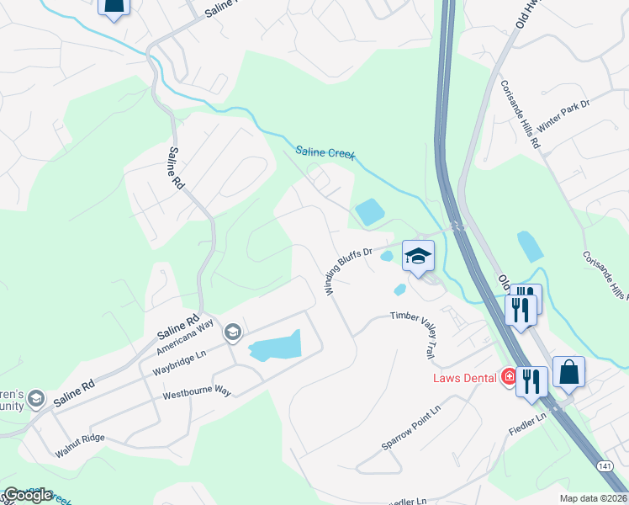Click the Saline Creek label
(325, 154)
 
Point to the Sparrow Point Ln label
(411, 428)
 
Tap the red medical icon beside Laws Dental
(508, 377)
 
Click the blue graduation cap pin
(418, 255)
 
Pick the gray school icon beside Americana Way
(232, 333)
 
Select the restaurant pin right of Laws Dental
(531, 380)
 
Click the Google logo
(28, 495)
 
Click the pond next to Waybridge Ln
(274, 347)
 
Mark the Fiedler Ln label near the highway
(528, 423)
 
